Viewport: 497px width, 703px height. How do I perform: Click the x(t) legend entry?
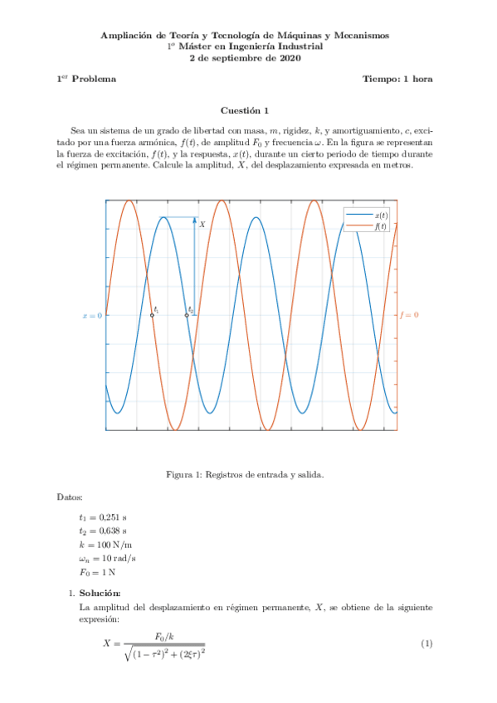pyautogui.click(x=369, y=215)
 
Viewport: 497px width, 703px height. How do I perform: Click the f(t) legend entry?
pyautogui.click(x=369, y=226)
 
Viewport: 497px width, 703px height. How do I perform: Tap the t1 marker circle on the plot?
pyautogui.click(x=152, y=315)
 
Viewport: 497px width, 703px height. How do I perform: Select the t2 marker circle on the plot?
pyautogui.click(x=187, y=315)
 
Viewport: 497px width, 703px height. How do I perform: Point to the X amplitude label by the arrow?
pyautogui.click(x=202, y=225)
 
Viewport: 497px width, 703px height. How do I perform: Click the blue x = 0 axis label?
pyautogui.click(x=92, y=315)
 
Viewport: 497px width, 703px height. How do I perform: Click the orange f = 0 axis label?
pyautogui.click(x=409, y=315)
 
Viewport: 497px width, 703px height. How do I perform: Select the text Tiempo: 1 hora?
pyautogui.click(x=397, y=79)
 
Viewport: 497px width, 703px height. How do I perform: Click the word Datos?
pyautogui.click(x=70, y=497)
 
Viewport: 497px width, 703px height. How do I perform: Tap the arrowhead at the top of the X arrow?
pyautogui.click(x=195, y=220)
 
